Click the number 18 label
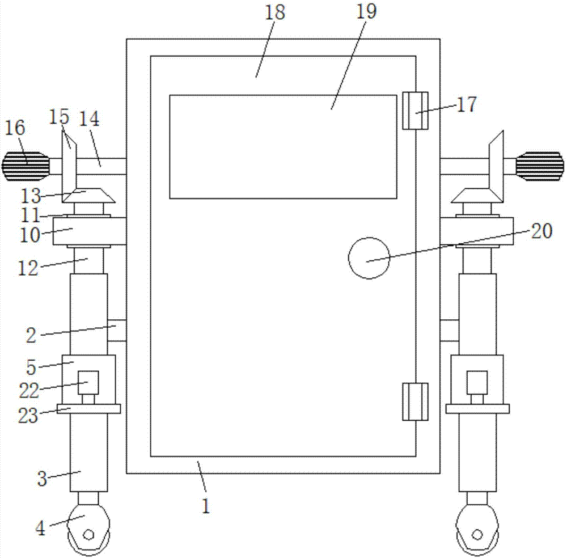pos(275,12)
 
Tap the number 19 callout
pos(366,12)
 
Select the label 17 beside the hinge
pos(467,104)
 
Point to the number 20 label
pos(541,230)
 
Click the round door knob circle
pos(369,258)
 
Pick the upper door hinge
pos(415,111)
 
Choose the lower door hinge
pos(415,402)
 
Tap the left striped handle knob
pos(26,167)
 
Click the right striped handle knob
pos(540,167)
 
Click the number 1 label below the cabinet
pos(206,506)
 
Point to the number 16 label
pos(15,128)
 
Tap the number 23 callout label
pos(28,416)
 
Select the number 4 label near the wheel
pos(40,529)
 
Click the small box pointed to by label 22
pos(88,383)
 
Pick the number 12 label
pos(28,268)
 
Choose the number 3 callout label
pos(43,479)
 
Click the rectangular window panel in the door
pos(283,147)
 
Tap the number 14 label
pos(89,119)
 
